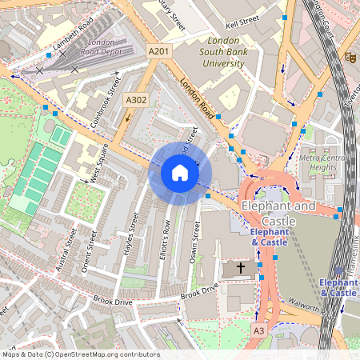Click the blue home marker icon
(x=180, y=173)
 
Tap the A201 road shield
(x=158, y=50)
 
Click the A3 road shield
(x=258, y=330)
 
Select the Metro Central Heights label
(x=323, y=163)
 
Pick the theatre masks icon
(x=350, y=57)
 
